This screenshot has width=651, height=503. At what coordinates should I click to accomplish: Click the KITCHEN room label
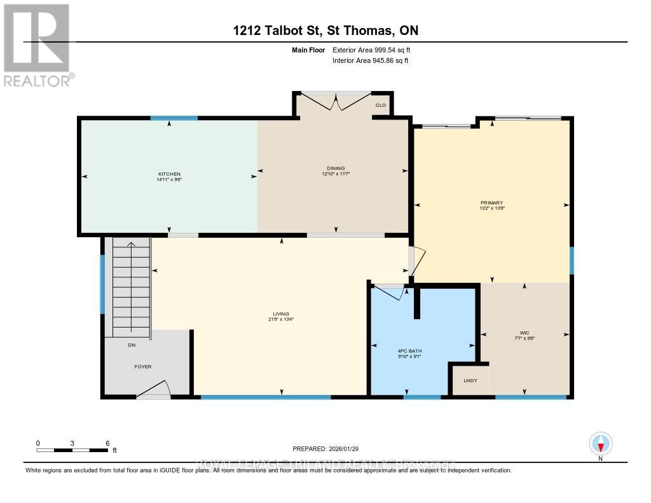(x=169, y=174)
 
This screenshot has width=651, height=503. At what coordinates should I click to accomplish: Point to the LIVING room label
(x=281, y=314)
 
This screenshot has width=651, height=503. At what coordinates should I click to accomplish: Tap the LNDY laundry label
(x=470, y=380)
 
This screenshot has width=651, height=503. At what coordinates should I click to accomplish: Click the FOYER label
(x=142, y=366)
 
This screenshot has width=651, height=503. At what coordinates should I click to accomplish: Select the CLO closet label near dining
(x=381, y=105)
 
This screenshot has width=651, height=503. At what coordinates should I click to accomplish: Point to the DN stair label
(x=131, y=345)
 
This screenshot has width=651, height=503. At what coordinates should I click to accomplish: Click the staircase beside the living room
(x=131, y=286)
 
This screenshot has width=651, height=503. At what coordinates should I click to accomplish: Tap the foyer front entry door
(x=154, y=389)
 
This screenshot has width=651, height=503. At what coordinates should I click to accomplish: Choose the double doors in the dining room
(x=334, y=102)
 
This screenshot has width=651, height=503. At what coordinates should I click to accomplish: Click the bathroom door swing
(x=389, y=293)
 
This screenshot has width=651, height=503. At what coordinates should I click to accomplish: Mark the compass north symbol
(x=600, y=443)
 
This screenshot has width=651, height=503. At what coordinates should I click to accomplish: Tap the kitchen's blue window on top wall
(x=174, y=118)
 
